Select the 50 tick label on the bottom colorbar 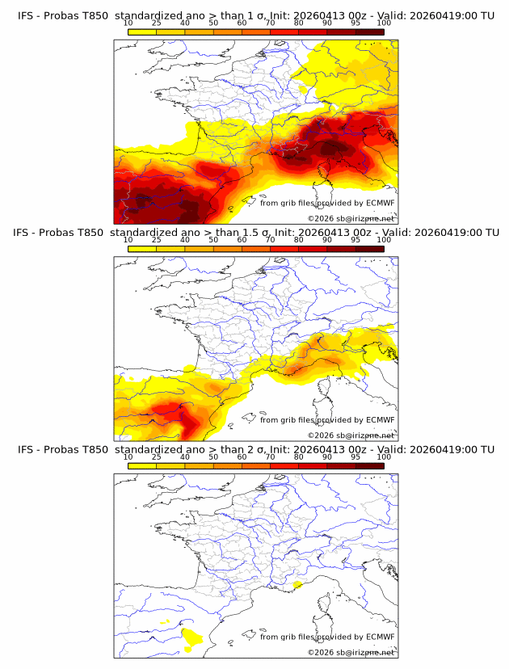213,456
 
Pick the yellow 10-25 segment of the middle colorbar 142,248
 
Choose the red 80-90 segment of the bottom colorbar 313,465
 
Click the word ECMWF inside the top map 379,204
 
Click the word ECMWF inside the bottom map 379,637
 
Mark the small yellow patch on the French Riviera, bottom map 298,584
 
